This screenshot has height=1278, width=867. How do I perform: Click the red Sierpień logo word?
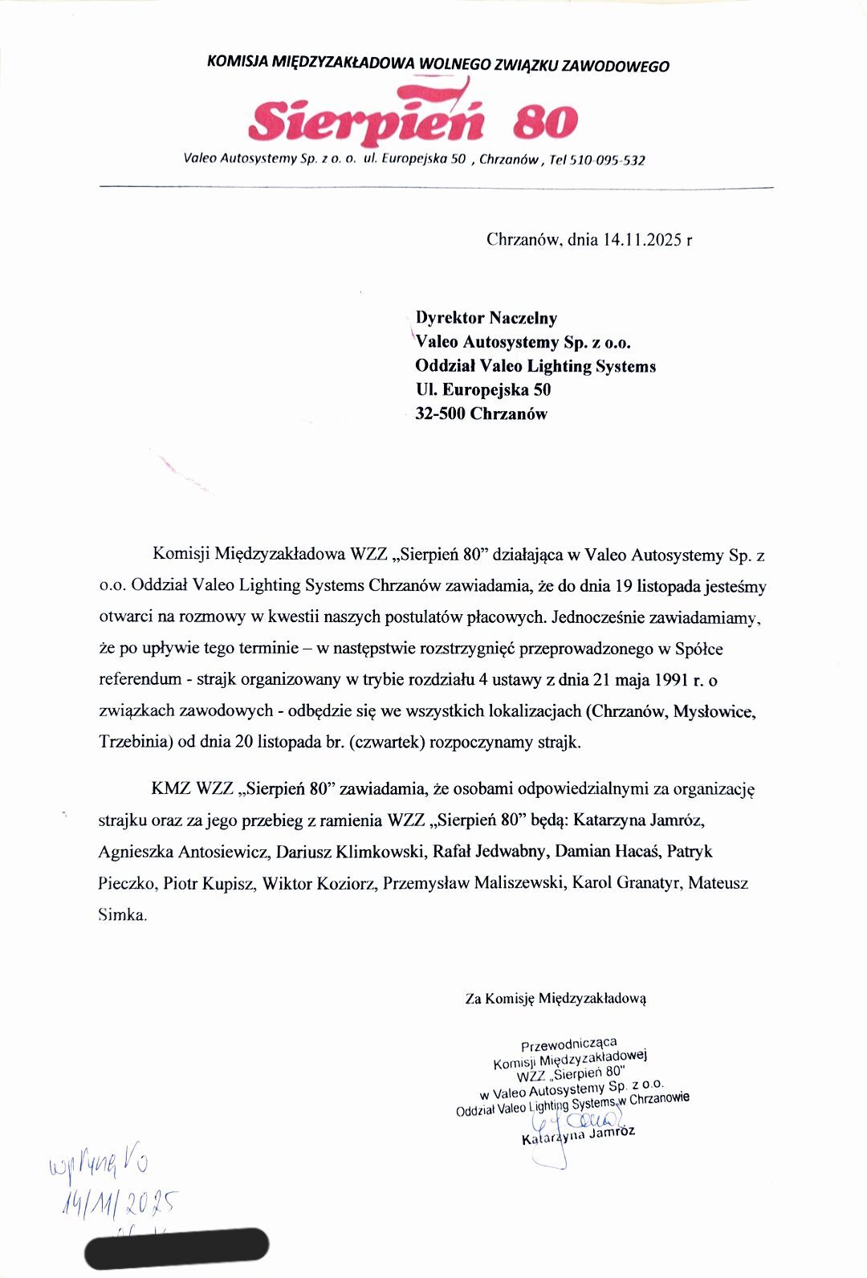click(366, 120)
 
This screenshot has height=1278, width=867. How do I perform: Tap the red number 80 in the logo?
click(545, 122)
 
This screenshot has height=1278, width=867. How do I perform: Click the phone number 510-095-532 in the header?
click(607, 160)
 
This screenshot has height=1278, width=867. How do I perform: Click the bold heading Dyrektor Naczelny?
click(486, 318)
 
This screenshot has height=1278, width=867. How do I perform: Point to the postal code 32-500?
click(440, 414)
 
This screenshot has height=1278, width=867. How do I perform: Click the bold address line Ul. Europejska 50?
click(482, 390)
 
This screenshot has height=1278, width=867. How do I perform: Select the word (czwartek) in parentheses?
click(387, 742)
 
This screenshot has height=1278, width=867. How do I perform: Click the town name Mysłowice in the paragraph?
click(714, 711)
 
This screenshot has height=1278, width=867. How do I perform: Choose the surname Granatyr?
click(649, 883)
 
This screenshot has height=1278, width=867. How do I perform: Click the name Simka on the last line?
click(122, 914)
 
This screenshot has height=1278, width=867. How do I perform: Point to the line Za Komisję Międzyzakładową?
click(556, 999)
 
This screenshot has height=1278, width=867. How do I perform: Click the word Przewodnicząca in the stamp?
click(568, 1044)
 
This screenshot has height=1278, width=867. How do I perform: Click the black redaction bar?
click(177, 1248)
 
